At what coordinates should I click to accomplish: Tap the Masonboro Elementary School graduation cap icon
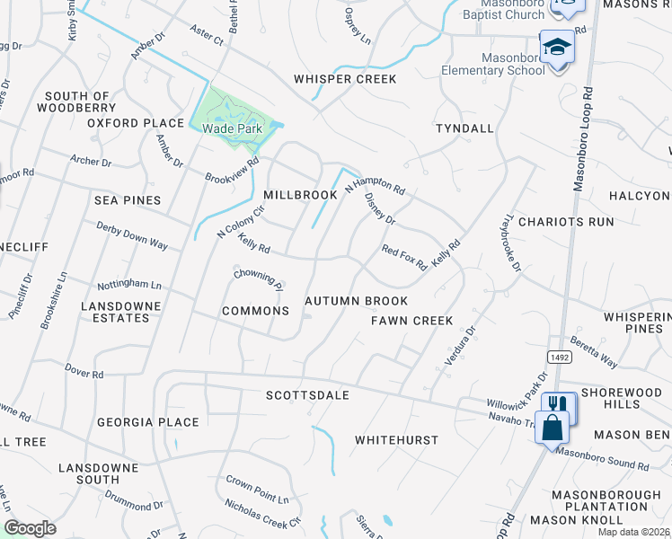(x=557, y=48)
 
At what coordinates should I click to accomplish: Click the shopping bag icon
(x=551, y=427)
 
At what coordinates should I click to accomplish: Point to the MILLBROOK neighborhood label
(x=300, y=195)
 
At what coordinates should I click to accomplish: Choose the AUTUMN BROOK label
(x=357, y=302)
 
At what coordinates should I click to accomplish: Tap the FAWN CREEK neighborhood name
(x=413, y=321)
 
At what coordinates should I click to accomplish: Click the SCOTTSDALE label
(x=307, y=395)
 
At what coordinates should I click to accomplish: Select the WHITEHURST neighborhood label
(x=396, y=440)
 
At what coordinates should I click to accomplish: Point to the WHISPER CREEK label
(x=345, y=79)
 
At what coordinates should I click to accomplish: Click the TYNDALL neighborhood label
(x=464, y=128)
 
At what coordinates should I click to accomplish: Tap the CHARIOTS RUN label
(x=566, y=222)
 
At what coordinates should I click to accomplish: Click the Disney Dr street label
(x=380, y=208)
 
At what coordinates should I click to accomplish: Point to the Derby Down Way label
(x=132, y=236)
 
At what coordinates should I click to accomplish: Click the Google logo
(x=30, y=528)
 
